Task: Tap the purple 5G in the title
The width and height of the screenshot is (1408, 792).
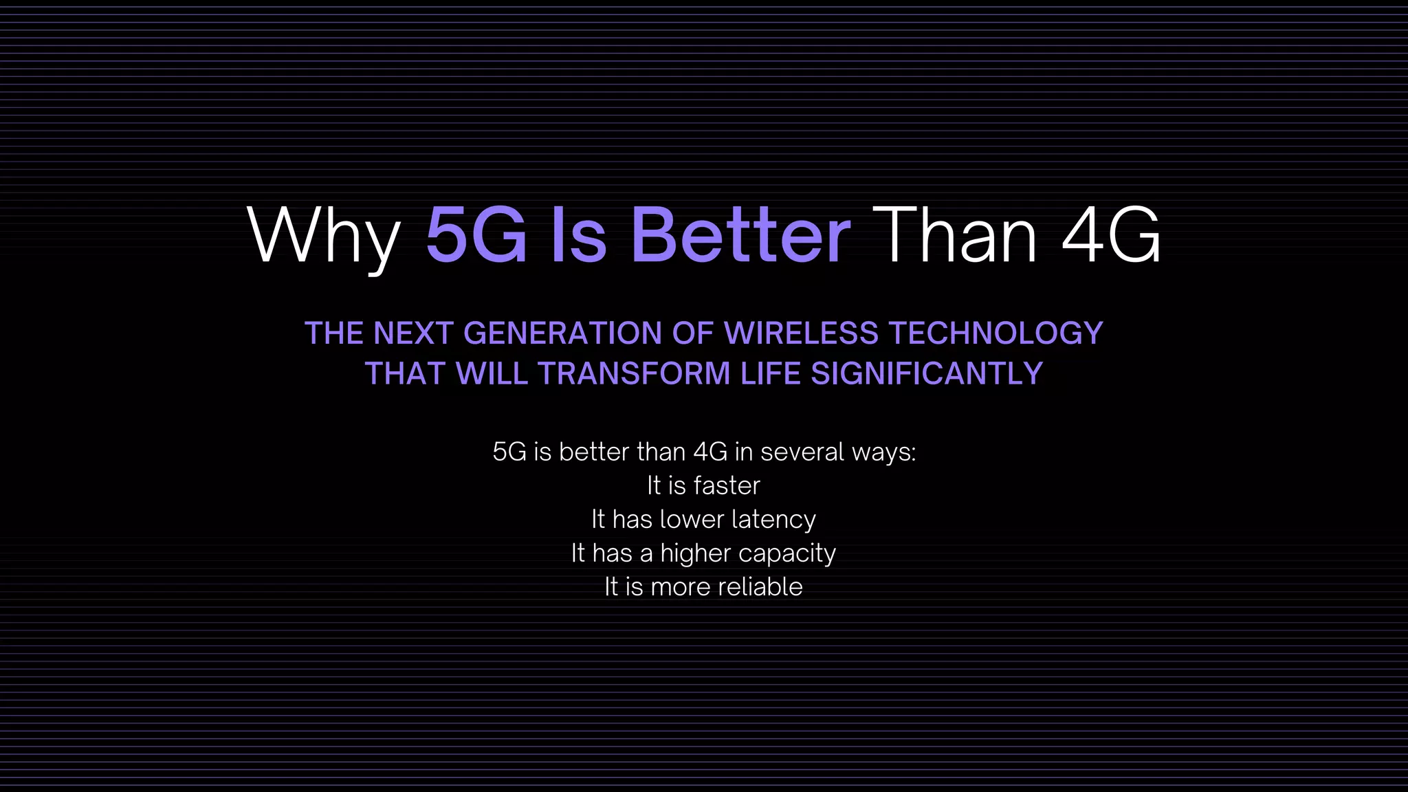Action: [476, 235]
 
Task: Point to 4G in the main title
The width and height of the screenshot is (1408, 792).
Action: [1111, 235]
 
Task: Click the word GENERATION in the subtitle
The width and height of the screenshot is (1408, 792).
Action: [563, 333]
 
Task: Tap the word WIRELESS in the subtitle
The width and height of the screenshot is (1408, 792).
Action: [801, 333]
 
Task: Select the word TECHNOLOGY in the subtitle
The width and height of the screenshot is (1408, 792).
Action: [996, 333]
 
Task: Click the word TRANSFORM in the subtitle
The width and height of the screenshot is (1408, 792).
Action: [634, 374]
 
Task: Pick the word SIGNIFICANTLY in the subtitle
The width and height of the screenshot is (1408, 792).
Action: [927, 374]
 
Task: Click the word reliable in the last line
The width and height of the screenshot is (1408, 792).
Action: [760, 587]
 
